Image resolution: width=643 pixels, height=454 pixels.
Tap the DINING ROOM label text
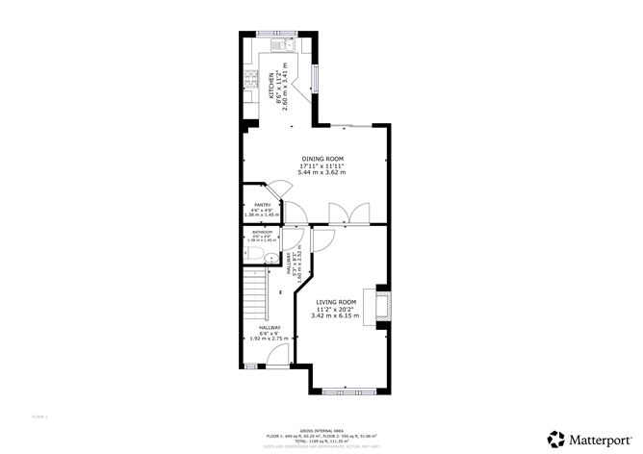coord(321,159)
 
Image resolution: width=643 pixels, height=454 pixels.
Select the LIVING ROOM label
coord(336,301)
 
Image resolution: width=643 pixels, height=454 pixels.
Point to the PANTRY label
coord(262,205)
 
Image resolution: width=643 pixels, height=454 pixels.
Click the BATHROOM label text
coord(263,232)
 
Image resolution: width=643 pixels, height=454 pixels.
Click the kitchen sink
coord(286,43)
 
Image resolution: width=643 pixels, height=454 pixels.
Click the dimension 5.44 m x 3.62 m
coord(321,172)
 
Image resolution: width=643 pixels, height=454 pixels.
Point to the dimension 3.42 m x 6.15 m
coord(336,315)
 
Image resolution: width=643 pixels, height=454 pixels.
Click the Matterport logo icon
coord(556,439)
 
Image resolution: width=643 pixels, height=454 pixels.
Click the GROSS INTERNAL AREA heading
coord(321,431)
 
